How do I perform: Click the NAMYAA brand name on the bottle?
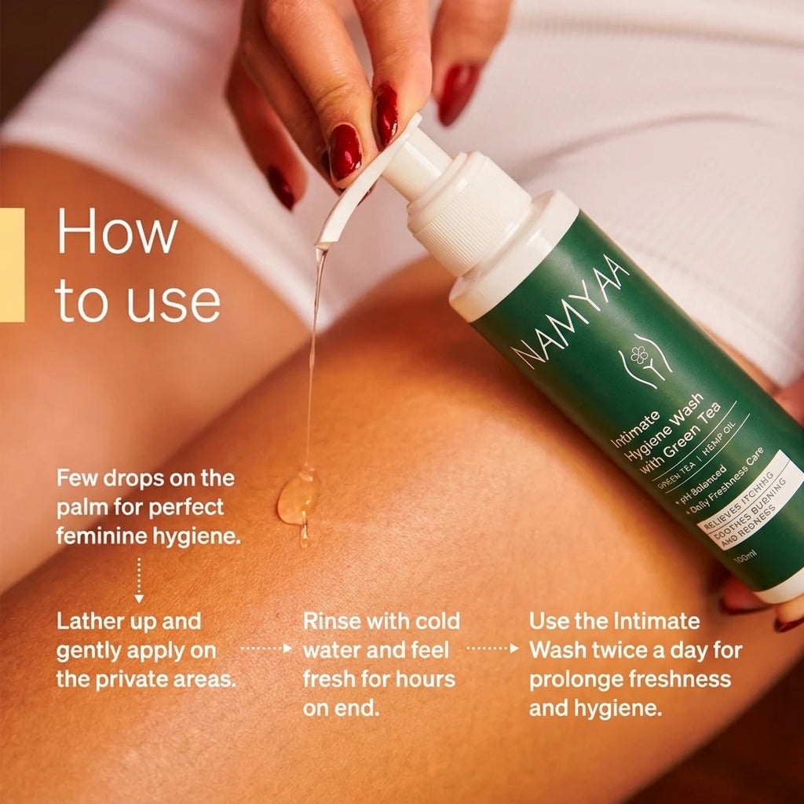(x=570, y=310)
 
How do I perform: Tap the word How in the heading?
(x=117, y=231)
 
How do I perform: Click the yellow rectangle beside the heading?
(x=12, y=265)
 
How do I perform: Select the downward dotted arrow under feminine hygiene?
(x=138, y=580)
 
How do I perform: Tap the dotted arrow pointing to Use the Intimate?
(x=493, y=649)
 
